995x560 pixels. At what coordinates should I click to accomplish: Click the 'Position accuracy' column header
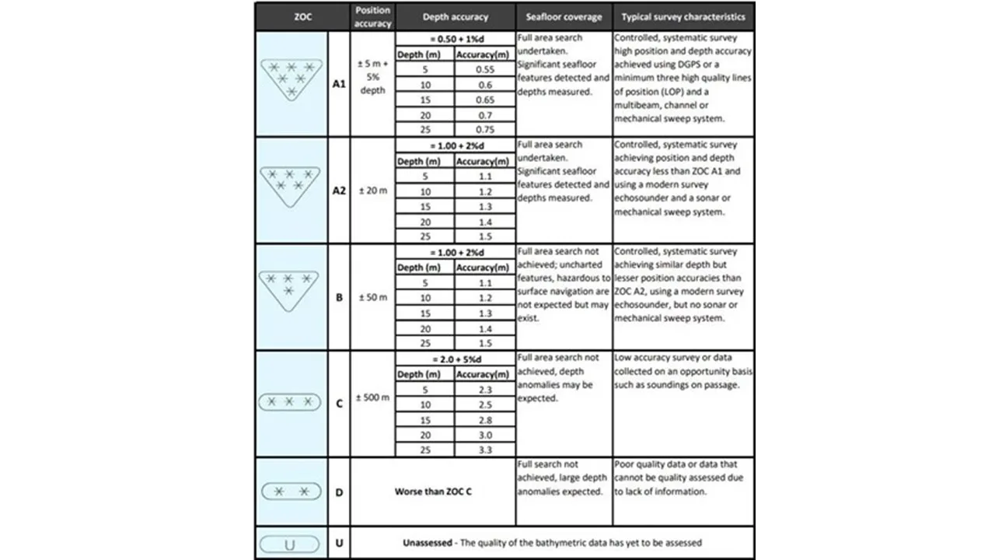coord(372,16)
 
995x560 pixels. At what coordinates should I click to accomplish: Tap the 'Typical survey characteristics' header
coord(683,16)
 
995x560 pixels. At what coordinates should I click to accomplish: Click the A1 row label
coord(339,84)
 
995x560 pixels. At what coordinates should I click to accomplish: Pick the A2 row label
coord(339,191)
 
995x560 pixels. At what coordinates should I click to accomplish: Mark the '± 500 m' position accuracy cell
coord(372,397)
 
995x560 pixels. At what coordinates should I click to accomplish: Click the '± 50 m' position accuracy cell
coord(372,297)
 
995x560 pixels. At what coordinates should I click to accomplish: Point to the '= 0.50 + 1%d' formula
coord(456,39)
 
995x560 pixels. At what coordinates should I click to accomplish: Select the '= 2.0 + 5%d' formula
coord(456,359)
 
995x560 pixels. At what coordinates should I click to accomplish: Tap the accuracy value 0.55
coord(485,69)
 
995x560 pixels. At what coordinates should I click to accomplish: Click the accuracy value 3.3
coord(485,450)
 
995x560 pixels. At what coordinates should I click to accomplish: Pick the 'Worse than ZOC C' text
coord(433,492)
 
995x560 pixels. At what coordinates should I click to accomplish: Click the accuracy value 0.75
coord(485,130)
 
